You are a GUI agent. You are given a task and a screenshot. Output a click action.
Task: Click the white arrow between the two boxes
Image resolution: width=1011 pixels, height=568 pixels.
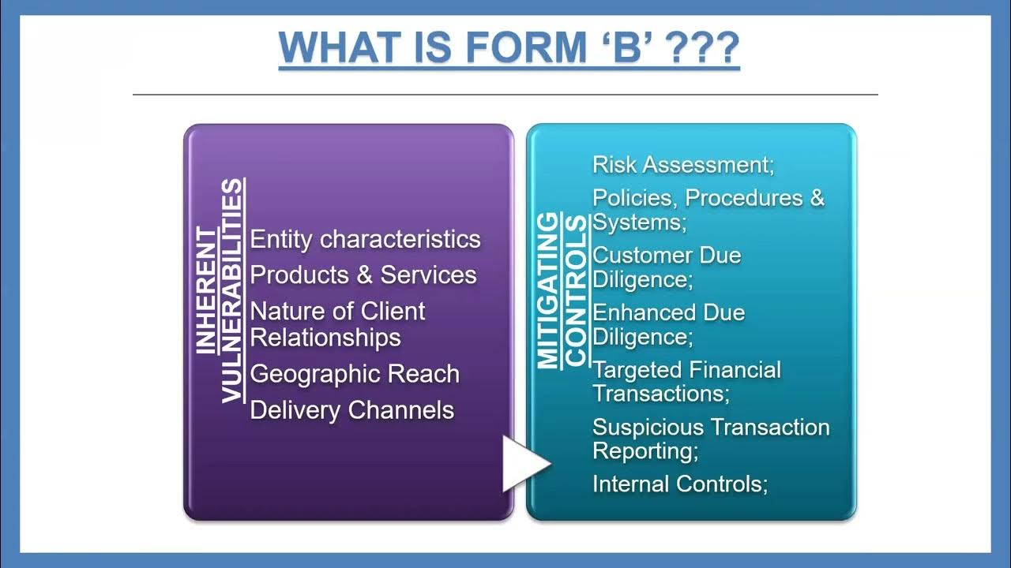pyautogui.click(x=524, y=463)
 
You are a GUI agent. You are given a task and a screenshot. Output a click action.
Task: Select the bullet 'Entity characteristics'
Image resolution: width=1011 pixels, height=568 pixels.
pyautogui.click(x=365, y=239)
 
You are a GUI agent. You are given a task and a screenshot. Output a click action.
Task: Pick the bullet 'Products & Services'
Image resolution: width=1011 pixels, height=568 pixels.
pyautogui.click(x=363, y=275)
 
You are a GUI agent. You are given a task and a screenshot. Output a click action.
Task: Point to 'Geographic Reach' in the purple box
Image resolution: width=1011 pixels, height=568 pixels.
pyautogui.click(x=355, y=373)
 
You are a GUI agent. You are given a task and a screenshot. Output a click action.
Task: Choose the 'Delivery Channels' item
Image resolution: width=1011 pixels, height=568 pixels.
pyautogui.click(x=351, y=409)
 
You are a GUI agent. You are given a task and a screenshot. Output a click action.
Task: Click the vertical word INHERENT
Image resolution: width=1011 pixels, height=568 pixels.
pyautogui.click(x=205, y=290)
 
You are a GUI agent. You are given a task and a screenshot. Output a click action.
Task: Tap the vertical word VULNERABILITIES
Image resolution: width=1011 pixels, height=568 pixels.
pyautogui.click(x=231, y=290)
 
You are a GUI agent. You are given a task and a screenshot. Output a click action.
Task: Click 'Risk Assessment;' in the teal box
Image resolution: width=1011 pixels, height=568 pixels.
pyautogui.click(x=683, y=164)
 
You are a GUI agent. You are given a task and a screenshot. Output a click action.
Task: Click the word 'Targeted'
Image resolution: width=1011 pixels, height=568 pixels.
pyautogui.click(x=637, y=369)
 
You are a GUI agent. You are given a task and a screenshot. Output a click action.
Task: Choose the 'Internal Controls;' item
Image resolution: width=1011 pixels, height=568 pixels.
pyautogui.click(x=680, y=483)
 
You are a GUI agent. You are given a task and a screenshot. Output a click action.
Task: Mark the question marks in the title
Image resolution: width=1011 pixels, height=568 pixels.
pyautogui.click(x=702, y=47)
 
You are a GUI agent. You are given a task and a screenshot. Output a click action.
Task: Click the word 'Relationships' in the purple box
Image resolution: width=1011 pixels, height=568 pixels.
pyautogui.click(x=325, y=337)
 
